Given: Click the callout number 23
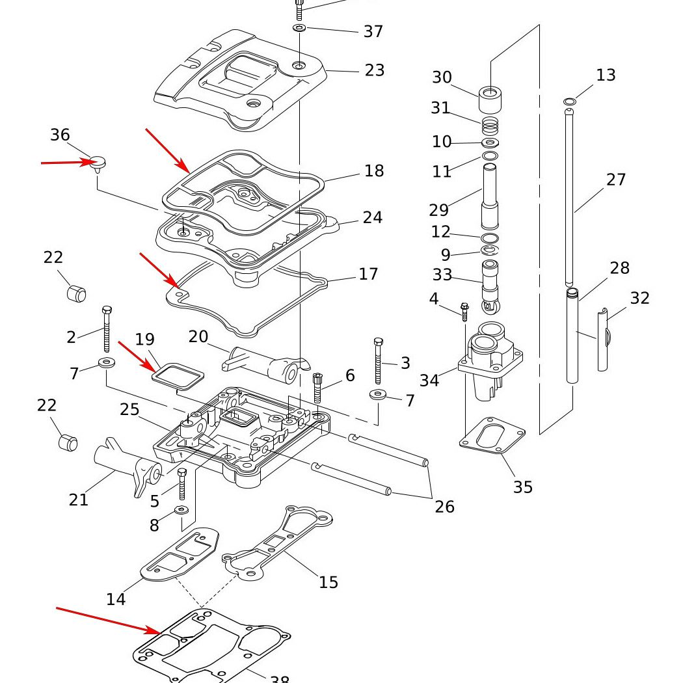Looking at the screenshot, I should coord(375,70).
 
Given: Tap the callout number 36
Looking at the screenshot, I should coord(60,135).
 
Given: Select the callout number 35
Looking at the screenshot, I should coord(523,487).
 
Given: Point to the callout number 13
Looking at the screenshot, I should coord(606,75).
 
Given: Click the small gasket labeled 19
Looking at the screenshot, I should coord(178,375).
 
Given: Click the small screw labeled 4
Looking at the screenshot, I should coord(464,312).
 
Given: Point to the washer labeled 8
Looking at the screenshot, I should coord(182,510).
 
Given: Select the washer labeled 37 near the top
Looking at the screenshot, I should coord(299,29).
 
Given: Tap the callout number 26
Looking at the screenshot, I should coord(445,506).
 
